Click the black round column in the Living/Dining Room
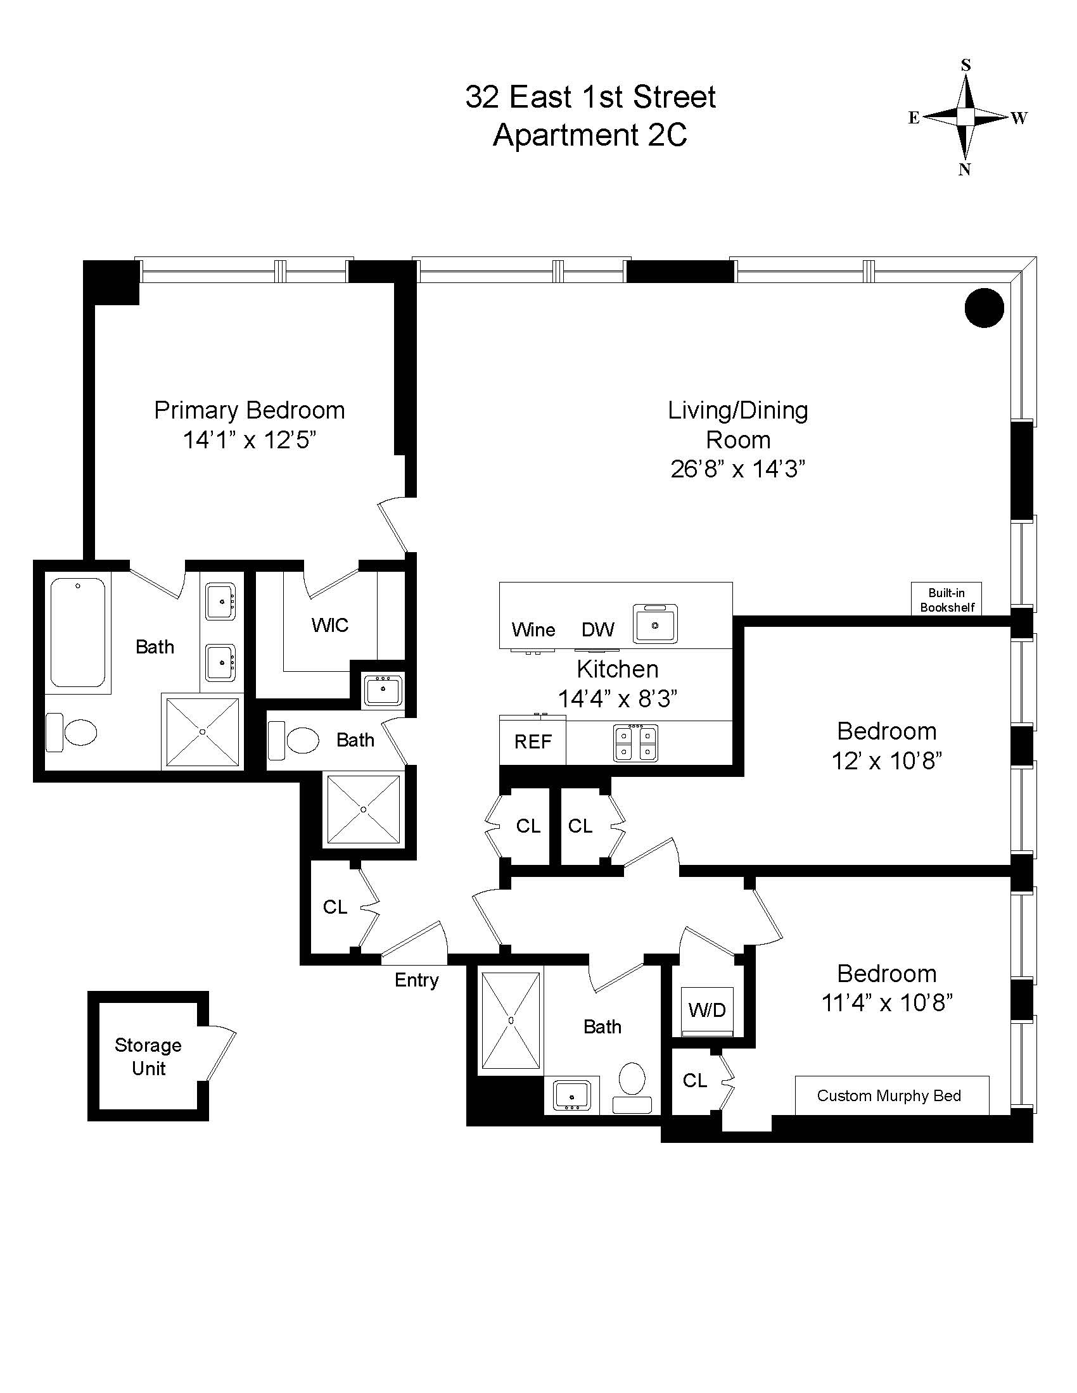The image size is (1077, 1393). [984, 308]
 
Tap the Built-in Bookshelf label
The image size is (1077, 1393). [946, 600]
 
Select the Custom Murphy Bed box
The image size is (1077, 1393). [891, 1095]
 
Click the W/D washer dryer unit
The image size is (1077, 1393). [707, 1010]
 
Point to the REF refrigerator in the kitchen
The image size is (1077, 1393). [533, 742]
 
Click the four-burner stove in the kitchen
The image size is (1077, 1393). [635, 743]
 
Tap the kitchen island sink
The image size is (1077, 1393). [655, 624]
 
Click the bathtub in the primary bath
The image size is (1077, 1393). [78, 631]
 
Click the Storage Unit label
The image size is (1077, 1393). [148, 1056]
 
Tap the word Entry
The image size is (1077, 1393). [416, 980]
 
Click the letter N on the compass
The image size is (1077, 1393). [965, 170]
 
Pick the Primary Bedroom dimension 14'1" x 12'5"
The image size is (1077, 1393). [250, 440]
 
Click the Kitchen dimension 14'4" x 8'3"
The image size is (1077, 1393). [617, 698]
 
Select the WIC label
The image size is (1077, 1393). [329, 625]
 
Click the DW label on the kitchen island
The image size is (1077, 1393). [597, 630]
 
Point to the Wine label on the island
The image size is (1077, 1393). [533, 630]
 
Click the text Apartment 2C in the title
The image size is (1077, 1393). [590, 136]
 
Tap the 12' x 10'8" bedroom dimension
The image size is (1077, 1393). [887, 761]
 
